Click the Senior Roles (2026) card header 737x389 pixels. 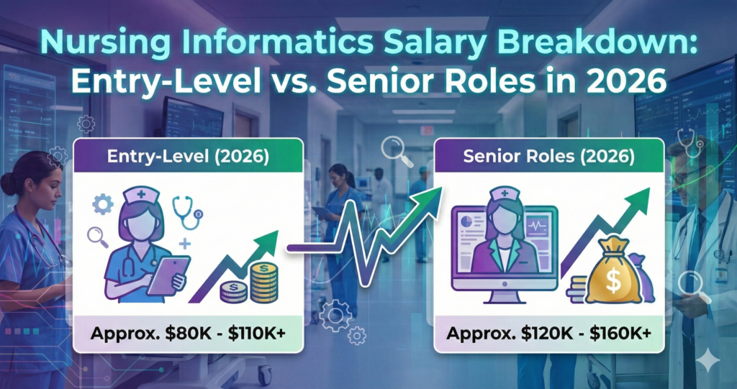pyautogui.click(x=548, y=157)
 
